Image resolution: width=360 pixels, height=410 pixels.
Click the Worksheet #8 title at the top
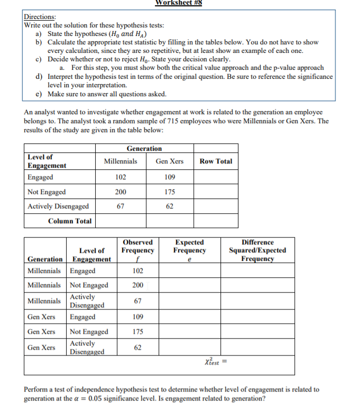179,3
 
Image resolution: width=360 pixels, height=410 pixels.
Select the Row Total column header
216,161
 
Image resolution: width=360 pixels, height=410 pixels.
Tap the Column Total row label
70,221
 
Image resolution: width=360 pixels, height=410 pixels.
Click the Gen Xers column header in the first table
170,161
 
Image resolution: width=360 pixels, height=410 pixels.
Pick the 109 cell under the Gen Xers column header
170,177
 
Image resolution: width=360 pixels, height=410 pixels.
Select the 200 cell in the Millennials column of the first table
121,192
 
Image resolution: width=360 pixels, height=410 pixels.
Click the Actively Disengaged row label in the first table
58,206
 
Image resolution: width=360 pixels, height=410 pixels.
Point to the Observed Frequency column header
137,246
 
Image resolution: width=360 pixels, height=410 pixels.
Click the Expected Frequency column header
189,246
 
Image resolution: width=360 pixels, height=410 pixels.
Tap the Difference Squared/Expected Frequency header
257,250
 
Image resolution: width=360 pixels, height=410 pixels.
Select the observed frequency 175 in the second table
137,332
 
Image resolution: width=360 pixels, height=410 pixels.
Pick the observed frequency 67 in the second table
137,300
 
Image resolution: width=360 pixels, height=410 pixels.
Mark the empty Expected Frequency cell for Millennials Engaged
189,271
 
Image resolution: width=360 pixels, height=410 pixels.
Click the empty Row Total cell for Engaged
216,177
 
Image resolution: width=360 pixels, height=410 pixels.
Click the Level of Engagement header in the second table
91,254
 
